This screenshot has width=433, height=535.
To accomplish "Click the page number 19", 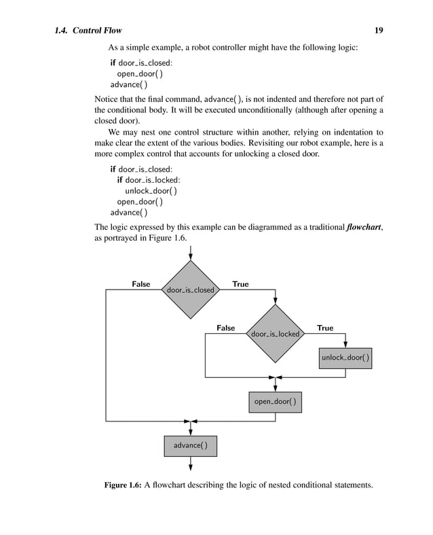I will coord(379,30).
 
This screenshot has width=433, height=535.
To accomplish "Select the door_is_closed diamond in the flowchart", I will coord(191,290).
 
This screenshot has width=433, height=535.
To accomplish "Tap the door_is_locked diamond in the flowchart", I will coord(275,334).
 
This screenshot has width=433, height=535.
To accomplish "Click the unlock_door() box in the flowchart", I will coord(345,358).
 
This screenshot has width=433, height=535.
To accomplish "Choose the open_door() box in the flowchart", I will coord(275,402).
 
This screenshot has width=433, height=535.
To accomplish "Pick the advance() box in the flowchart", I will coord(191,445).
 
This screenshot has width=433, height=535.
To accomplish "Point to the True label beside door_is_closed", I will coord(240,283).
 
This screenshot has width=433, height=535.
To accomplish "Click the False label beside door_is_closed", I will coord(140,283).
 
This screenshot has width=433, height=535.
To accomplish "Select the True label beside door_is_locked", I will coord(325,328).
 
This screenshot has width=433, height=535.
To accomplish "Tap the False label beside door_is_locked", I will coord(225,328).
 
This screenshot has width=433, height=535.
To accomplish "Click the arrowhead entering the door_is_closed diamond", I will coord(191,256).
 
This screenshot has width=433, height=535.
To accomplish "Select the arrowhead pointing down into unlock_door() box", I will coord(345,345).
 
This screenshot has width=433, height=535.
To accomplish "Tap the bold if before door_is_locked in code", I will coord(119,179).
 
